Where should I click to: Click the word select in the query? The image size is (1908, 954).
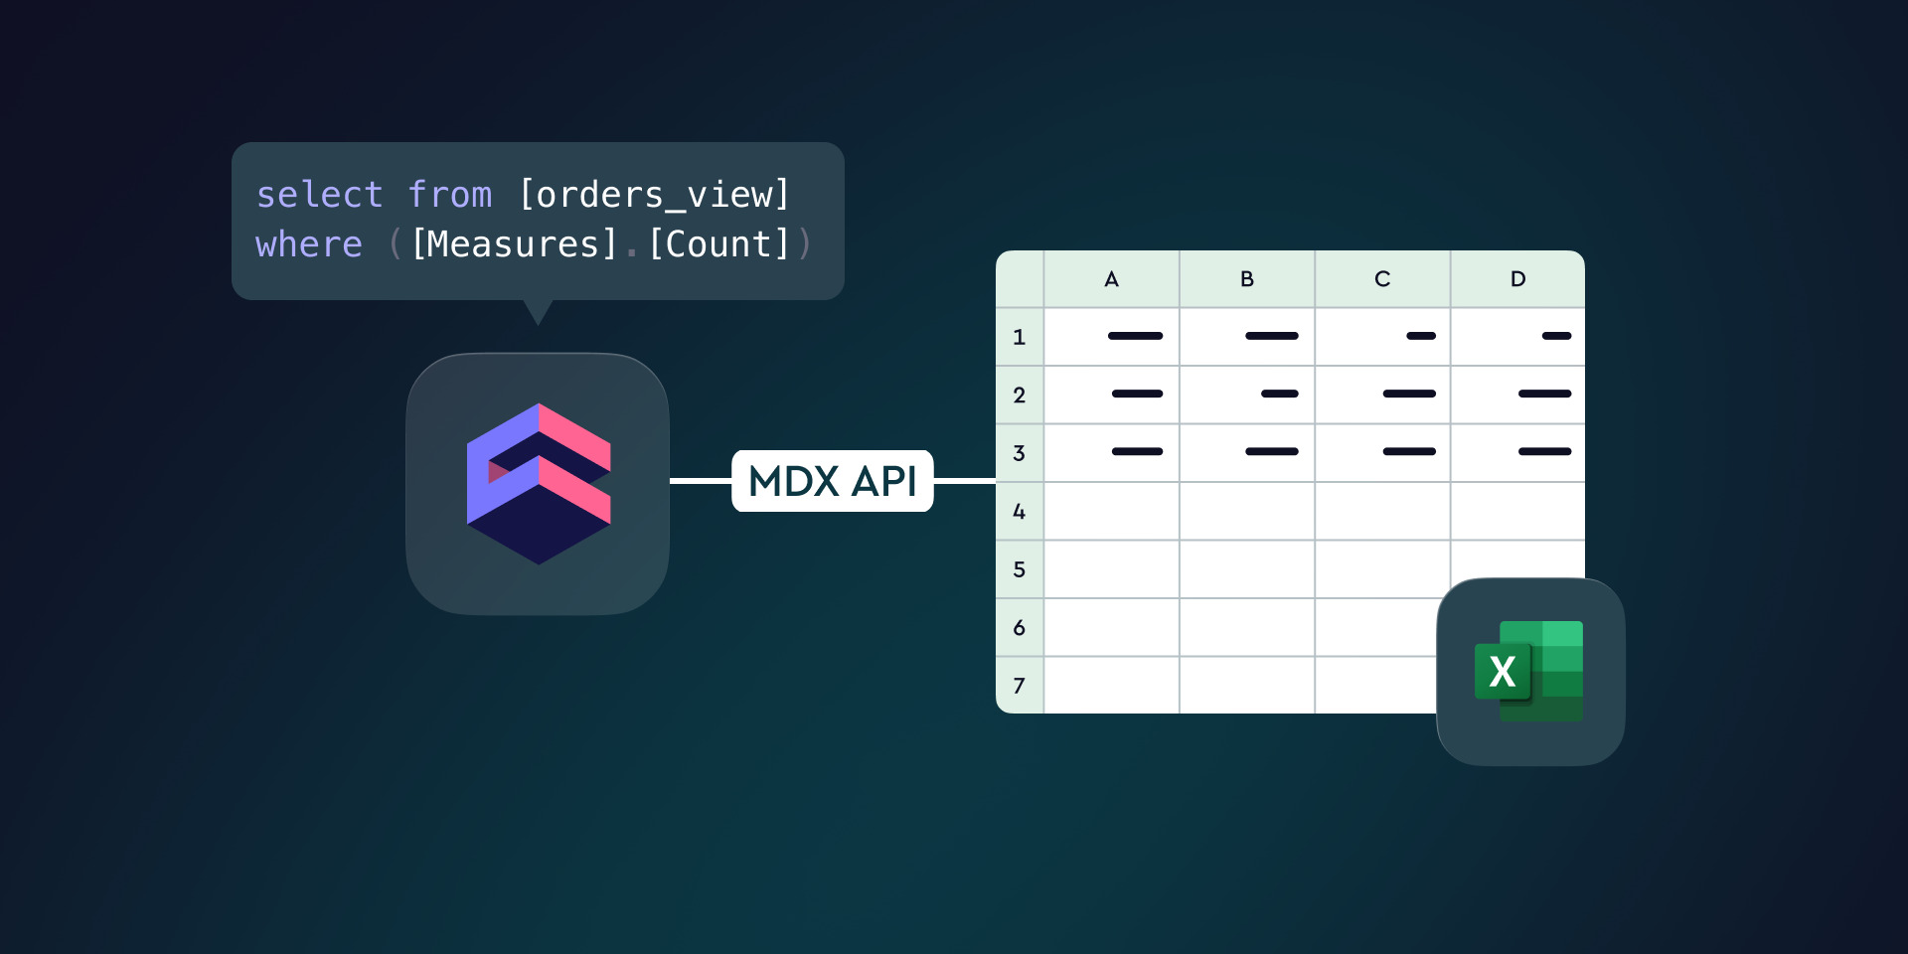tap(319, 195)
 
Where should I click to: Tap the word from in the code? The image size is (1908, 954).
tap(450, 195)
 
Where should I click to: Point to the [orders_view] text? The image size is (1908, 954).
tap(654, 195)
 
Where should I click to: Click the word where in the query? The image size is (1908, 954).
tap(309, 244)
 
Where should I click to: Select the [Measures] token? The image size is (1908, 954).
tap(514, 244)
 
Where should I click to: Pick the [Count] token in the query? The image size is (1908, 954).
tap(718, 244)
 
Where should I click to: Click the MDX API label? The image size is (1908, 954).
tap(833, 481)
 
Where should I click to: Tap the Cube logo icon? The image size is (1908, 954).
tap(538, 484)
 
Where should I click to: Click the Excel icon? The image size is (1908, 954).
tap(1530, 672)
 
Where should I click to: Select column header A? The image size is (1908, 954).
tap(1111, 279)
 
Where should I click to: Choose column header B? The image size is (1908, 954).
tap(1247, 279)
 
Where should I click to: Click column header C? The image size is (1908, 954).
tap(1382, 279)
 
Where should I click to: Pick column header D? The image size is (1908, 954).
tap(1517, 279)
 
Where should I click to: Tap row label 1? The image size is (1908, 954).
tap(1019, 337)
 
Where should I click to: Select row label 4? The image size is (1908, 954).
tap(1019, 512)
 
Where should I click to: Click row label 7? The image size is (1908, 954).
tap(1019, 686)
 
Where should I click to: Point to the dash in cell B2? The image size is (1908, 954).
tap(1280, 394)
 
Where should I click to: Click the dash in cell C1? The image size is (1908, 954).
tap(1421, 336)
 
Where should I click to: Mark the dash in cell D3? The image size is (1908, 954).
tap(1544, 451)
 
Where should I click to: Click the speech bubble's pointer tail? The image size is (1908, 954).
tap(538, 311)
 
